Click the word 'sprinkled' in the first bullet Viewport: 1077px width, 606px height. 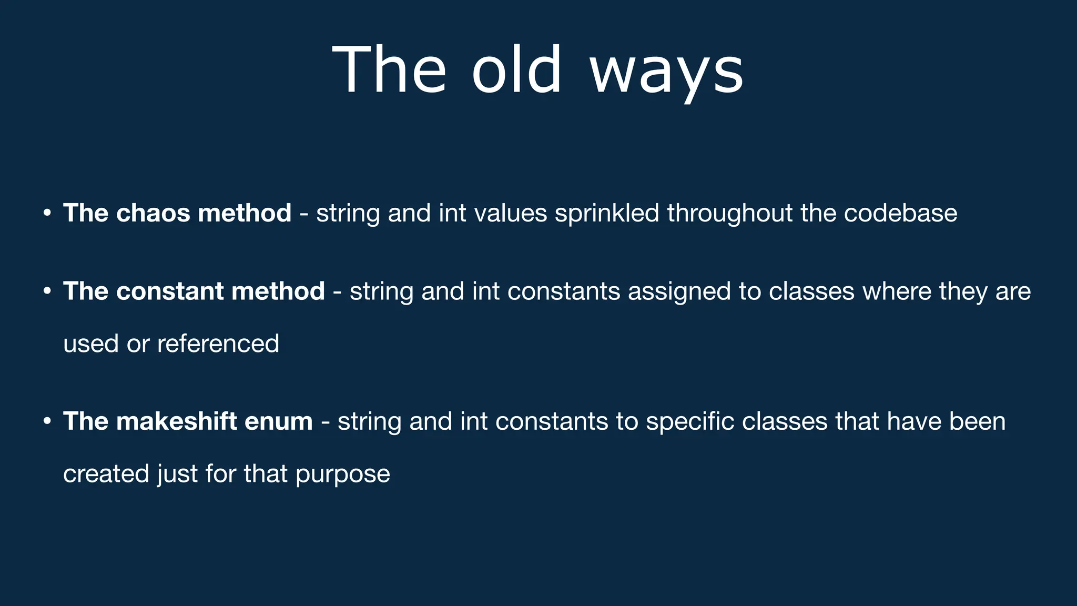tap(607, 214)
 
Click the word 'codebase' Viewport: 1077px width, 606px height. tap(900, 213)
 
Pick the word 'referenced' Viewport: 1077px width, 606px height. tap(218, 344)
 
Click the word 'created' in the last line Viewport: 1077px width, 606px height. tap(106, 473)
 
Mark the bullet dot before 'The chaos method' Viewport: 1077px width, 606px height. tap(47, 214)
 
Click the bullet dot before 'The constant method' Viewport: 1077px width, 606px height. tap(47, 291)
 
